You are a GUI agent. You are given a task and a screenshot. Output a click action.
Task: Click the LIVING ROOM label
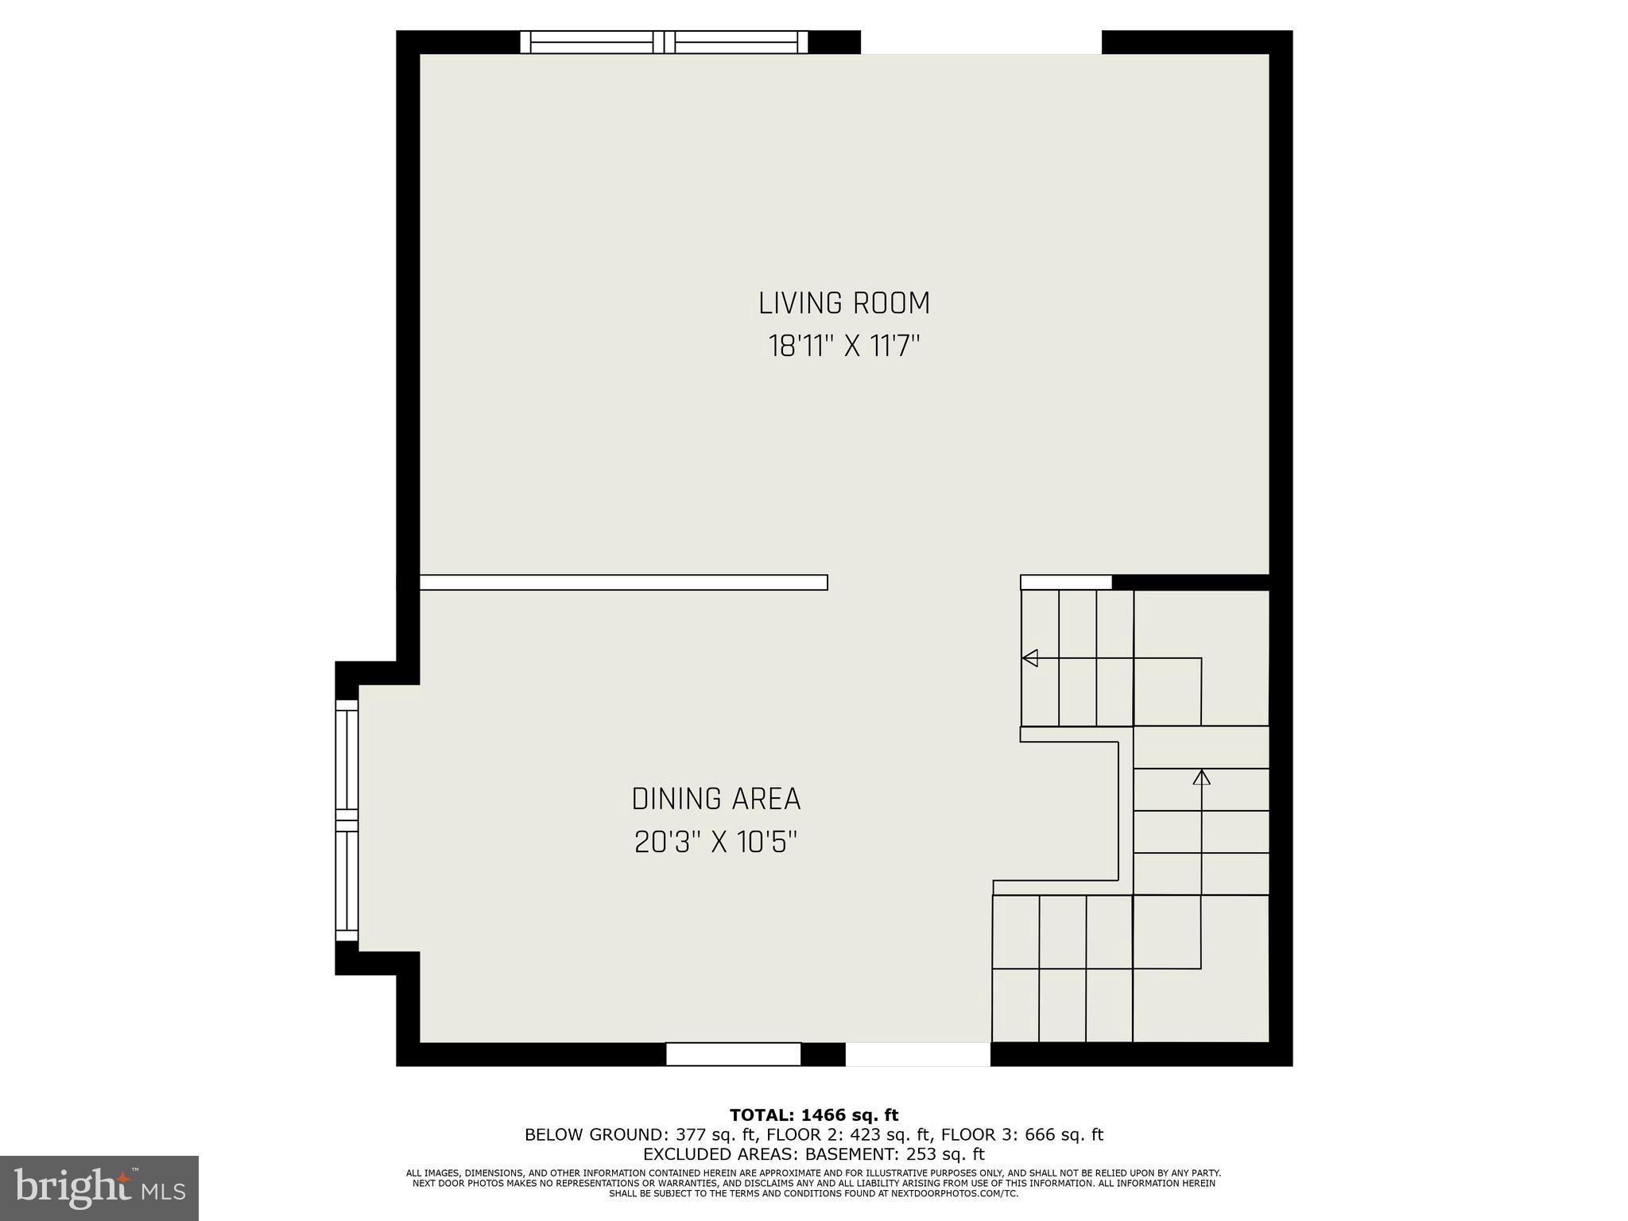(x=843, y=304)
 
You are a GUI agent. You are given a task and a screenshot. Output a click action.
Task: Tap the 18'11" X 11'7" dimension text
(x=843, y=347)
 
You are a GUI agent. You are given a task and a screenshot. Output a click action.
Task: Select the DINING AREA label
(x=715, y=799)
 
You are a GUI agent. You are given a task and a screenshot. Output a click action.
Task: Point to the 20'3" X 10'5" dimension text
(x=715, y=842)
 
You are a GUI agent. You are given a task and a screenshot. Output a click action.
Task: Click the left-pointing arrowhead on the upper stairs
(x=1029, y=658)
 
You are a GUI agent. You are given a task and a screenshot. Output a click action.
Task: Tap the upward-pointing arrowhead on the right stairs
(x=1201, y=777)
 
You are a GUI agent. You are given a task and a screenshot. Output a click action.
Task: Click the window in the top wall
(x=664, y=42)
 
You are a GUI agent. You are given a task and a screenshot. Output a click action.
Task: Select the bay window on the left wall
(x=347, y=820)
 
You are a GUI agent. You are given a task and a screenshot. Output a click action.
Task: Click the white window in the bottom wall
(x=733, y=1054)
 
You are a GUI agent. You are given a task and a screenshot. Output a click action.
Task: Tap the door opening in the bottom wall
(x=917, y=1054)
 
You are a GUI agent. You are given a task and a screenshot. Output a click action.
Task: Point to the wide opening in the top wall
(x=981, y=42)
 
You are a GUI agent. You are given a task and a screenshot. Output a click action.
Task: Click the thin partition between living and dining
(x=623, y=583)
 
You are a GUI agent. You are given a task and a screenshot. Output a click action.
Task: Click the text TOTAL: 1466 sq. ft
(x=814, y=1115)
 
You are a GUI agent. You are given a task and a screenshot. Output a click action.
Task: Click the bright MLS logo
(x=99, y=1188)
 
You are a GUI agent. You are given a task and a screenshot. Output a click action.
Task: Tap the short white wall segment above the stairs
(x=1065, y=583)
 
